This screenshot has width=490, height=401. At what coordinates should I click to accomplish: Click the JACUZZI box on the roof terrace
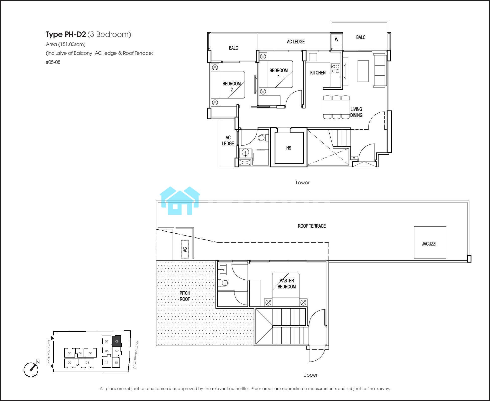[x=430, y=242]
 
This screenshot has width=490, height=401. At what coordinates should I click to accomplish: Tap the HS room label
[x=289, y=148]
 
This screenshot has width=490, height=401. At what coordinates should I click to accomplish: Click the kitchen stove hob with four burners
[x=336, y=69]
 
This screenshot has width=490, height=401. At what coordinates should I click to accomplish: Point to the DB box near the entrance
[x=354, y=158]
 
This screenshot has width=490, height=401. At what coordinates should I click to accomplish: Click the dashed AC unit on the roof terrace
[x=185, y=249]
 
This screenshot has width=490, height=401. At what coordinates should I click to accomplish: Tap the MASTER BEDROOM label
[x=287, y=284]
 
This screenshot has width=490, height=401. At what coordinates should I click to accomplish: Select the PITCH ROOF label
[x=185, y=296]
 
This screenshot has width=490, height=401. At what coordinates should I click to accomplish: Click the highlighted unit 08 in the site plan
[x=117, y=341]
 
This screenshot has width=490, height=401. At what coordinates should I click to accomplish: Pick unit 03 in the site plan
[x=70, y=353]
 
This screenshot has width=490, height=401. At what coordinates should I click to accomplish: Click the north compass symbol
[x=31, y=369]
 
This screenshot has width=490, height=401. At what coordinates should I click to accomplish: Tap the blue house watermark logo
[x=180, y=201]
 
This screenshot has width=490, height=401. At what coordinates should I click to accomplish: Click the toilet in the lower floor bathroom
[x=263, y=138]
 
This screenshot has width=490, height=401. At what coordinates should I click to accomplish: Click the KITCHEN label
[x=318, y=73]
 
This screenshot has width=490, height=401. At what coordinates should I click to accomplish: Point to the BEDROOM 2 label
[x=231, y=86]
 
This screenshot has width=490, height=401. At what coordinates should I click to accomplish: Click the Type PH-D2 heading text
[x=66, y=34]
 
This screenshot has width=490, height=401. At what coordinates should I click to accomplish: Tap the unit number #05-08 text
[x=53, y=62]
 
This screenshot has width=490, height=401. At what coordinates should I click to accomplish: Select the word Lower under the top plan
[x=302, y=182]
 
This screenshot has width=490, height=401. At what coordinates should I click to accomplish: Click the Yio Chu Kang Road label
[x=136, y=354]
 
